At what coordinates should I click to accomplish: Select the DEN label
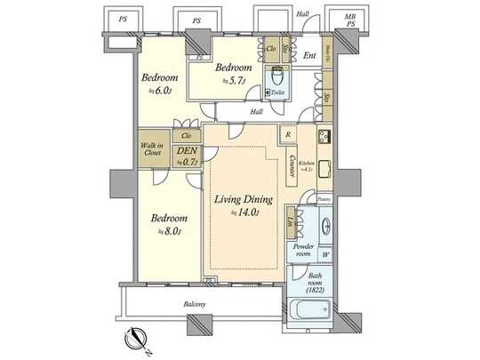point(188,157)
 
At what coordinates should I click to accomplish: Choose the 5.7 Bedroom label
point(236,73)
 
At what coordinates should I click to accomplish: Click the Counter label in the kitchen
point(292,166)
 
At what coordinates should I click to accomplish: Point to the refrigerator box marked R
point(287,134)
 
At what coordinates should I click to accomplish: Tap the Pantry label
point(324,200)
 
